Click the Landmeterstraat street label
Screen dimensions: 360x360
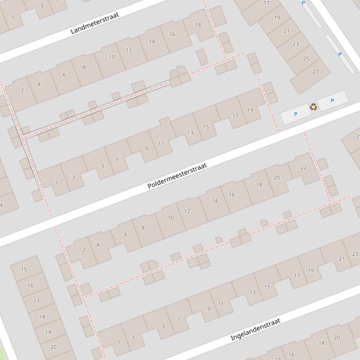click(95, 23)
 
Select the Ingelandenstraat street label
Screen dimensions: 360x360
click(255, 329)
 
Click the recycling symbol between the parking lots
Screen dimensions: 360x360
click(313, 108)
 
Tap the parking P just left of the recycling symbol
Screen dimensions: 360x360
click(295, 114)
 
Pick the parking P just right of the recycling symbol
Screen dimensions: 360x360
click(332, 101)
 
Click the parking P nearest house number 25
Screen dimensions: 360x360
click(339, 55)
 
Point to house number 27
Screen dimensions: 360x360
click(315, 72)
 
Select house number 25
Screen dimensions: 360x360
click(306, 58)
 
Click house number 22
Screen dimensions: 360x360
click(303, 167)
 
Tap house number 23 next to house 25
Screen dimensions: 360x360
click(295, 43)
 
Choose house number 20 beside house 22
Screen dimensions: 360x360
click(276, 178)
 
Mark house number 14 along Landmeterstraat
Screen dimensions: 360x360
click(152, 42)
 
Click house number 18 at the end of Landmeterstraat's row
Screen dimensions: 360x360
click(198, 25)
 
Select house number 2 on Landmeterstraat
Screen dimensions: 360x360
click(22, 91)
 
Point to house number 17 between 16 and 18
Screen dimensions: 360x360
click(37, 301)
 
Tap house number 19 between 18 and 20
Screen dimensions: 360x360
click(48, 332)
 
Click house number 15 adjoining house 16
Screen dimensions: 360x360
click(24, 269)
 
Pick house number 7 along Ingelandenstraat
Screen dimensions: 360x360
click(178, 320)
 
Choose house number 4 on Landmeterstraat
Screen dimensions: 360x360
click(39, 85)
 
